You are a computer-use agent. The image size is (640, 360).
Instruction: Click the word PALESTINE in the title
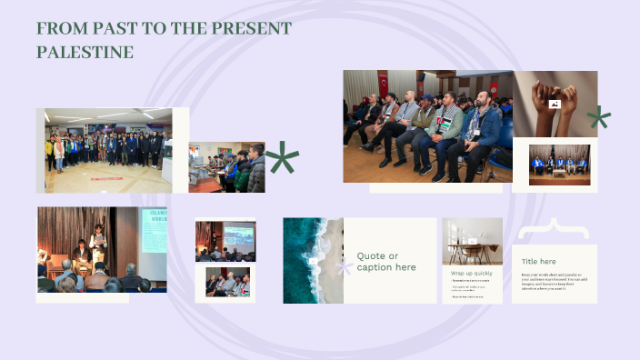[x=85, y=53]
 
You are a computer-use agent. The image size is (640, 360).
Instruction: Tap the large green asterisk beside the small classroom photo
[x=282, y=159]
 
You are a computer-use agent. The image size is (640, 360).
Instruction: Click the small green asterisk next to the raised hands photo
[x=598, y=117]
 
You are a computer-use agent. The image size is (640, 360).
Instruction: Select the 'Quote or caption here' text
[x=386, y=262]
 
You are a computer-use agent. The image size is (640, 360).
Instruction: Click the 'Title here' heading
[x=538, y=261]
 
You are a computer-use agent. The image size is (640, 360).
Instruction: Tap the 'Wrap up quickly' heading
[x=471, y=272]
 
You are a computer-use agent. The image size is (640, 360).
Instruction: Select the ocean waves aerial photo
[x=312, y=260]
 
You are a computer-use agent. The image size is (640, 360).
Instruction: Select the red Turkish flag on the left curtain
[x=383, y=83]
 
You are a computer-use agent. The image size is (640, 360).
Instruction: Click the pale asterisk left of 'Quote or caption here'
[x=345, y=267]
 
